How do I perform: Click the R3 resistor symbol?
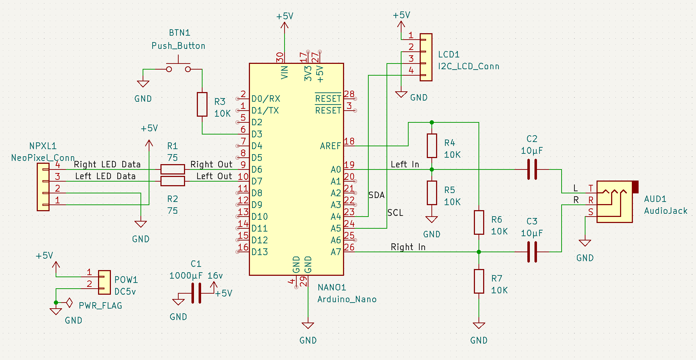[202, 104]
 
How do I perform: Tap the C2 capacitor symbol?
[532, 169]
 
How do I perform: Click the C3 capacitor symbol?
[532, 252]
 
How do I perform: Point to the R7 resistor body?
[478, 281]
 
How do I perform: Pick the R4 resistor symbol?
[432, 146]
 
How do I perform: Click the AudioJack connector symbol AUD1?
[614, 202]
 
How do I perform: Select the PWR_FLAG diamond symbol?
[70, 303]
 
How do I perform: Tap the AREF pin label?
[330, 146]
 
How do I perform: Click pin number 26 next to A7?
[349, 247]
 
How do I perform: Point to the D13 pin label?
[260, 252]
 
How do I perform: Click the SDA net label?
[377, 195]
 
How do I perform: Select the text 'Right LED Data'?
[107, 164]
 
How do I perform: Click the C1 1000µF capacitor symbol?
[196, 293]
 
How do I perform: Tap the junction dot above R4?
[432, 122]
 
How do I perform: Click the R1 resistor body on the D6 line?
[173, 169]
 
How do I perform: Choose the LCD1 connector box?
[426, 57]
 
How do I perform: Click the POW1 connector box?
[104, 282]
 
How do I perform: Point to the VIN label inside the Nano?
[284, 72]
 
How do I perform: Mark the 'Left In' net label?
[405, 164]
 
